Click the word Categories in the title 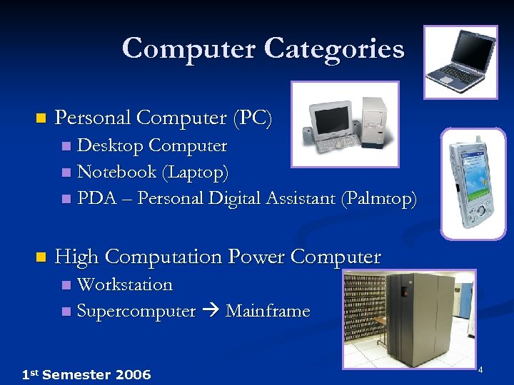334,49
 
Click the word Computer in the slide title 188,49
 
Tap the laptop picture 460,62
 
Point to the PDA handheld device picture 473,183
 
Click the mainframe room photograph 408,318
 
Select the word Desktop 109,146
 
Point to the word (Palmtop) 379,198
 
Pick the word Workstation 125,284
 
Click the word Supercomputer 136,311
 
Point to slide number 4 480,370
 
